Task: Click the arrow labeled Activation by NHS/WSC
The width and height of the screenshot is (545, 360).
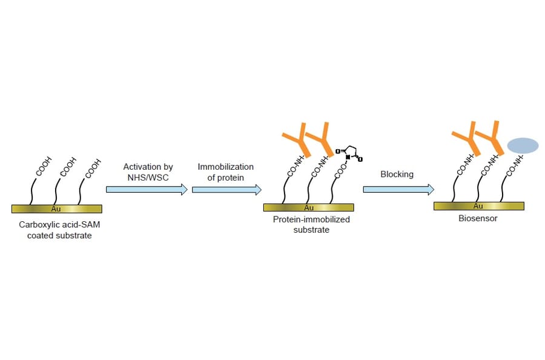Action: pos(147,190)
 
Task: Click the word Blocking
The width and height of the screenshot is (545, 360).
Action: pos(397,175)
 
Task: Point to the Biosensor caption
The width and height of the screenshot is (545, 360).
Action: pos(478,218)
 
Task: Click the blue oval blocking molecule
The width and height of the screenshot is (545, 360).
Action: pos(522,145)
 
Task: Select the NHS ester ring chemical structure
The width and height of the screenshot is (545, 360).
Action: pos(349,152)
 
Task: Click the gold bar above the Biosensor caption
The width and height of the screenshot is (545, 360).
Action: pos(478,206)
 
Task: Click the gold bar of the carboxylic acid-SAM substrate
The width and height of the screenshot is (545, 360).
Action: pos(57,208)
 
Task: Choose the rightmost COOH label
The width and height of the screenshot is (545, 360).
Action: pos(93,167)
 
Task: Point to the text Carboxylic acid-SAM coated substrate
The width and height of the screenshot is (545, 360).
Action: pos(59,230)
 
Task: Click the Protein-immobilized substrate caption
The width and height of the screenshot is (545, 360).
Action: pos(311,225)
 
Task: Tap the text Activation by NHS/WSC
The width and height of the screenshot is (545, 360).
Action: pos(148,172)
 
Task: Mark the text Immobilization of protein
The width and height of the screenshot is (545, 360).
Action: pos(225,172)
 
